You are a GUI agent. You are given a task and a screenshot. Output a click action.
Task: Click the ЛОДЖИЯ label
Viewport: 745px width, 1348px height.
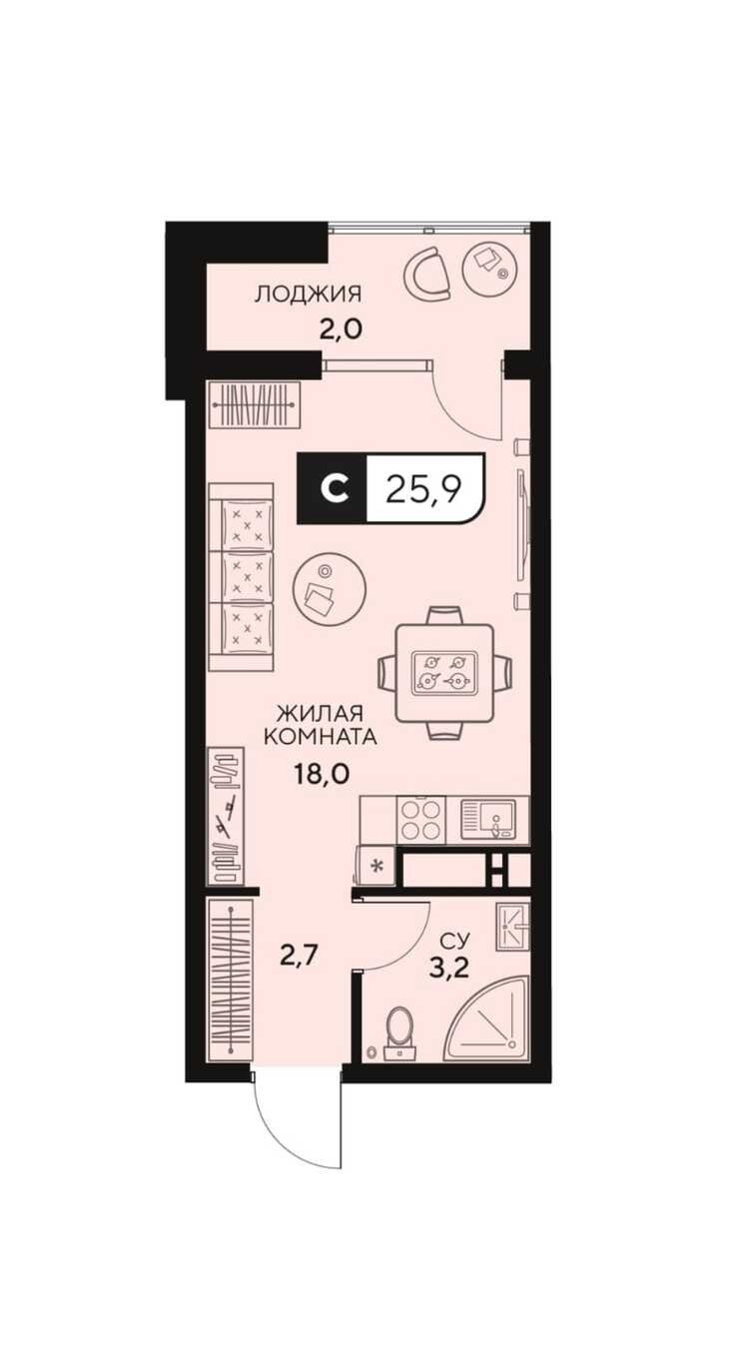coord(309,295)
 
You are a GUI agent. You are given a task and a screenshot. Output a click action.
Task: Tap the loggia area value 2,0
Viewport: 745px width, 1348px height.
coord(341,331)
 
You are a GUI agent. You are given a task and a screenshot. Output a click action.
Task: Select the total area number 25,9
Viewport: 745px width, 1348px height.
coord(423,488)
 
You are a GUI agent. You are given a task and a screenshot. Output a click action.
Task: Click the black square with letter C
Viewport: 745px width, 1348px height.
coord(333,487)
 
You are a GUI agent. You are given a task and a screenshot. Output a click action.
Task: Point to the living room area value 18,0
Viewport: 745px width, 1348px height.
coord(322,774)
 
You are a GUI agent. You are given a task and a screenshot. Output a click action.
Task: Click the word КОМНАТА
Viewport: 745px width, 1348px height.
coord(321,737)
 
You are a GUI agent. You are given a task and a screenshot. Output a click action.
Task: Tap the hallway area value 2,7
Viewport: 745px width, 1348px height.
coord(299,955)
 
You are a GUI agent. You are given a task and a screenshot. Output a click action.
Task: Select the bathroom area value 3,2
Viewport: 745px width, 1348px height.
coord(449,969)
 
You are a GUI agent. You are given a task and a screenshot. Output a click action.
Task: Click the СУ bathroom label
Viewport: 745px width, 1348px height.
coord(455,940)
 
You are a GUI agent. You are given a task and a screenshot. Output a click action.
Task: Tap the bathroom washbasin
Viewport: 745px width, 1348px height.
coord(512,927)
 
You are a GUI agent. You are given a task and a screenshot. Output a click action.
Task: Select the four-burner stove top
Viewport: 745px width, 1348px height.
coord(420,819)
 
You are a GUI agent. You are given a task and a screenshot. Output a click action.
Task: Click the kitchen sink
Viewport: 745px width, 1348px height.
coord(489,819)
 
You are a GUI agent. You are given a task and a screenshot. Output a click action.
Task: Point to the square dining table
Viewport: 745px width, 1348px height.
coord(444,673)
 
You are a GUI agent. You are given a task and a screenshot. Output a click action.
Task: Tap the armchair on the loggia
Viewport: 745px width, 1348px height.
coord(427,274)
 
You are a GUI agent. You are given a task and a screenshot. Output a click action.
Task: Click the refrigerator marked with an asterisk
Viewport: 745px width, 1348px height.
coord(376,866)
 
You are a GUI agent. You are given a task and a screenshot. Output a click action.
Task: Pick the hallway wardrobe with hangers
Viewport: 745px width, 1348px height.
coord(230,981)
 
